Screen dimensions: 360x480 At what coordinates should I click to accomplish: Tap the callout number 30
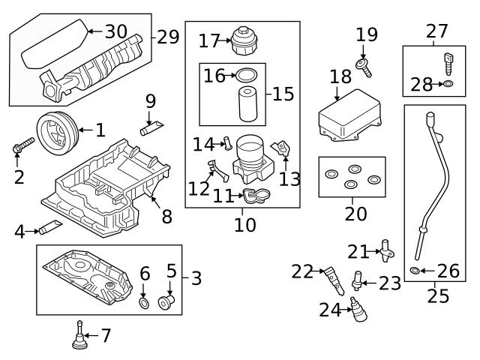(x=115, y=31)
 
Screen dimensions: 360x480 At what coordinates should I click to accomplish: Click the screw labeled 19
(x=365, y=67)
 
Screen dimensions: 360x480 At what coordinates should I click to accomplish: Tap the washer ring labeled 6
(x=144, y=303)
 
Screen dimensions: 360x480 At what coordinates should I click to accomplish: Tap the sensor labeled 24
(x=358, y=309)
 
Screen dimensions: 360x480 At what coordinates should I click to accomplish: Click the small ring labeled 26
(x=416, y=270)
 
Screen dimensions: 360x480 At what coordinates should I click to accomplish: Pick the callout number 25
(x=437, y=295)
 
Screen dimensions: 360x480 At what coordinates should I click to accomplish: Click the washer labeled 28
(x=448, y=83)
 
